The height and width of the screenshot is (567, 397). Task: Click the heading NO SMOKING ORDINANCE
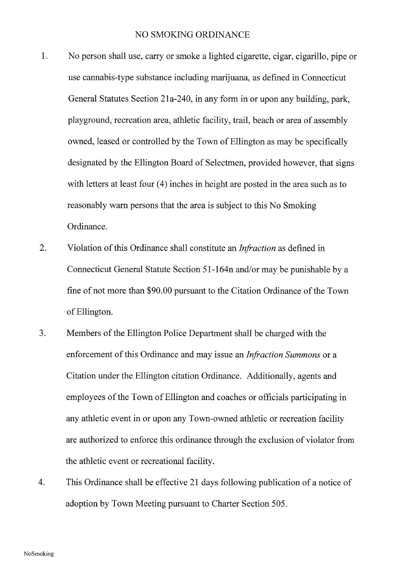[x=192, y=35]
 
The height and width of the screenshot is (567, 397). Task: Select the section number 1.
[x=43, y=56]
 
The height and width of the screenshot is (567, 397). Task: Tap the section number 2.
[x=43, y=248]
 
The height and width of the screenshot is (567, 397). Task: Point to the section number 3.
[x=43, y=333]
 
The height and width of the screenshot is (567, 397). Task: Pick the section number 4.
[x=43, y=482]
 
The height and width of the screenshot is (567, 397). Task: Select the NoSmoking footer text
[x=39, y=554]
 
